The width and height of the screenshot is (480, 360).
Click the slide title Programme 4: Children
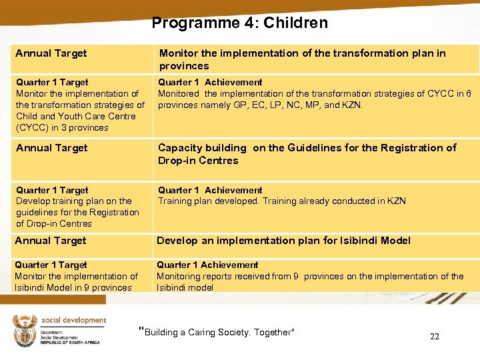[x=239, y=23]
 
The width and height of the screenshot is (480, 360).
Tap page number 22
[x=435, y=337]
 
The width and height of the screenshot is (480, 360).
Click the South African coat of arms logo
[x=25, y=330]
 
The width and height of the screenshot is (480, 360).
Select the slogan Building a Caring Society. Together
[x=217, y=332]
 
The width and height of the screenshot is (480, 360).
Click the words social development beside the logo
[x=73, y=321]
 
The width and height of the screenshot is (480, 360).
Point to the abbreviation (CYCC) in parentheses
[x=33, y=127]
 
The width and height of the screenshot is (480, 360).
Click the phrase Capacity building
[x=201, y=148]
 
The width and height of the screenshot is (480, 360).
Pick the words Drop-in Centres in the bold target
[x=198, y=161]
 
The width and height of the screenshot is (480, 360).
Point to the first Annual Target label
[x=51, y=53]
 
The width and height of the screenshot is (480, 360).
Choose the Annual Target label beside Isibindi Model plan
[x=51, y=241]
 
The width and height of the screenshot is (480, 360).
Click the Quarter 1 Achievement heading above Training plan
[x=210, y=190]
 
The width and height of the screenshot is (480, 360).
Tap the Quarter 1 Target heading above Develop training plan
[x=52, y=190]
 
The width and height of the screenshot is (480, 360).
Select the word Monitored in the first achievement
[x=179, y=93]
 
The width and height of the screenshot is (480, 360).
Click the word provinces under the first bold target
[x=184, y=66]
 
